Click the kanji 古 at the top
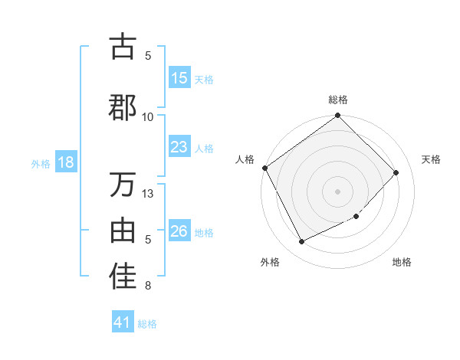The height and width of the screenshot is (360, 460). (123, 47)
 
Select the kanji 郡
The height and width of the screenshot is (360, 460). (123, 107)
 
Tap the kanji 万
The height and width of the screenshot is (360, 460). (123, 185)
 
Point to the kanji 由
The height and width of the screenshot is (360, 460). (123, 231)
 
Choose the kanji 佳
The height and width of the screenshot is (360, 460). (123, 277)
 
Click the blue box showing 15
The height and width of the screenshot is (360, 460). (179, 78)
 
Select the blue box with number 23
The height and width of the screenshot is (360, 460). (179, 147)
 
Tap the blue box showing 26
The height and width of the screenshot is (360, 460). (179, 231)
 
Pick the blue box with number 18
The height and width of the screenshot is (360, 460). (65, 162)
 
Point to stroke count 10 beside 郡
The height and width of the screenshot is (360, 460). (148, 116)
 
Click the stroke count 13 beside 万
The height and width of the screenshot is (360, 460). (148, 193)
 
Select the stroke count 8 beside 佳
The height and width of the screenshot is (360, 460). (148, 286)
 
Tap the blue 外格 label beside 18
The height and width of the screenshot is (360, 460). (41, 163)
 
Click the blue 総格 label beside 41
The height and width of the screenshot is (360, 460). (147, 323)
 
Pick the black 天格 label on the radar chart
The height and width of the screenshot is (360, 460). (431, 159)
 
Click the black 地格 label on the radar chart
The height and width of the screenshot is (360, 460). (402, 262)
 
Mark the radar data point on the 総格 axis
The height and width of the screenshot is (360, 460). (337, 116)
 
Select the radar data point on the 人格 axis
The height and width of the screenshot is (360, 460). (264, 168)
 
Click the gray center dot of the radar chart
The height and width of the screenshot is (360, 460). (337, 191)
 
